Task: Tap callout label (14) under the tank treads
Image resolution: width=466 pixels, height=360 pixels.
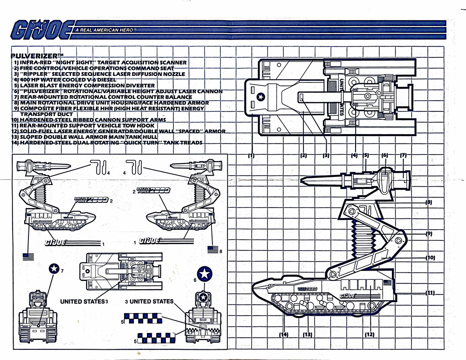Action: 283,334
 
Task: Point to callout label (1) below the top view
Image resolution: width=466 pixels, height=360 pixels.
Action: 251,156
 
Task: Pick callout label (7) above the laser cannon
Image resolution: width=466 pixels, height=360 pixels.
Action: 404,155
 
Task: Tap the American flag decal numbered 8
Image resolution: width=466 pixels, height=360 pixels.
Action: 213,250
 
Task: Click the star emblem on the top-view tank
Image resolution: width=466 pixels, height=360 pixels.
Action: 260,96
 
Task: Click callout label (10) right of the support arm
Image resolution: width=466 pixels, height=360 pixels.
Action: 429,257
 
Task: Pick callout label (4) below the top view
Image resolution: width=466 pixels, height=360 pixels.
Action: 355,155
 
